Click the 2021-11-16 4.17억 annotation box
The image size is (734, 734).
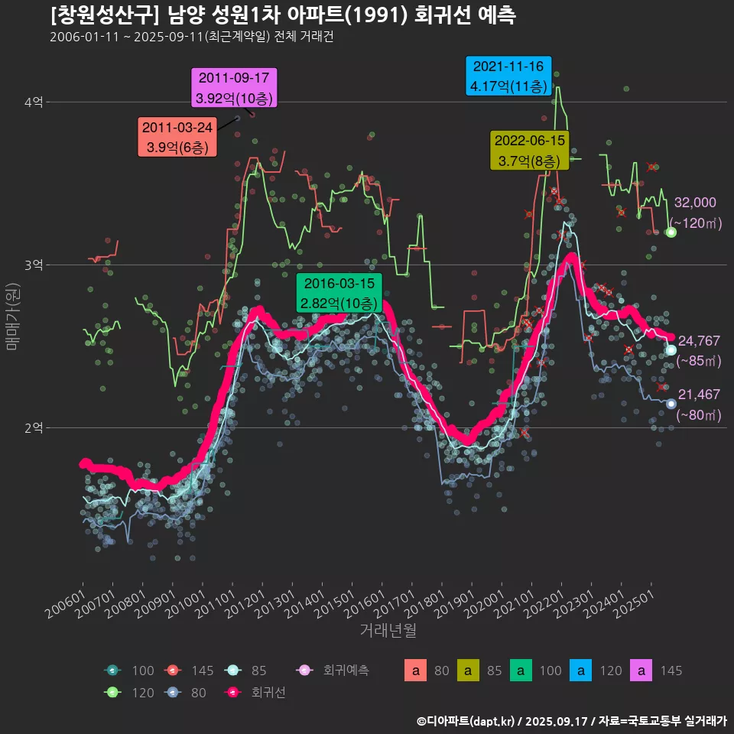click(508, 76)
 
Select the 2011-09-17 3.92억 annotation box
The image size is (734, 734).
click(233, 88)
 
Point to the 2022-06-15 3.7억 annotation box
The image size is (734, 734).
click(529, 151)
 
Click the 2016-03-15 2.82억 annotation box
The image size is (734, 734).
click(339, 294)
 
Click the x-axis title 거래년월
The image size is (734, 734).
click(388, 632)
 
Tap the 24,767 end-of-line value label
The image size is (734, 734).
click(699, 341)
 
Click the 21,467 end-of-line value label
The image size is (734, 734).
click(699, 395)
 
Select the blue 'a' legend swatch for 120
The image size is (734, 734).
click(581, 671)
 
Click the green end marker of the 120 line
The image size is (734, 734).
click(671, 232)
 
